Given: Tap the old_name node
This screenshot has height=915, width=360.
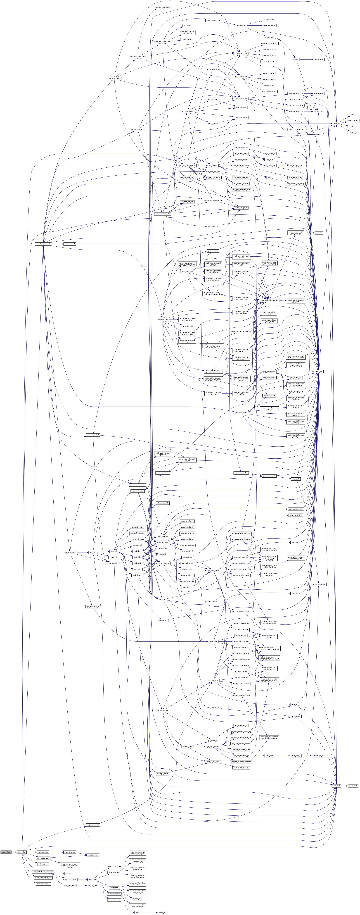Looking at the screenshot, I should tap(187, 26).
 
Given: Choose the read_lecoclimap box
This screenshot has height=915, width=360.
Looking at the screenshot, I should tap(187, 39).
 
